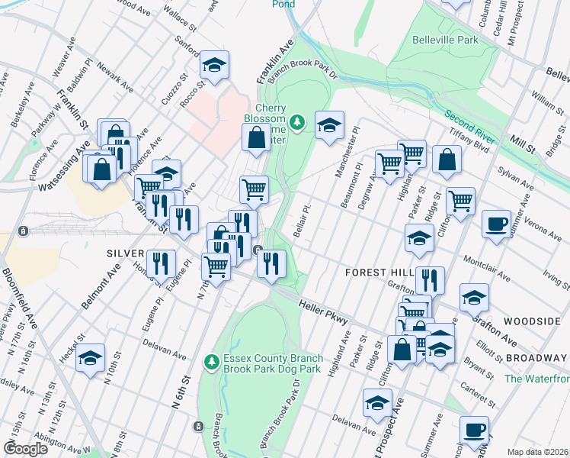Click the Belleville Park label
(445, 40)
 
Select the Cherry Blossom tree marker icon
(297, 121)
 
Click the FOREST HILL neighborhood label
(379, 272)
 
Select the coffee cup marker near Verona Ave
(496, 224)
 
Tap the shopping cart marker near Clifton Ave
(460, 202)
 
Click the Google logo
(26, 449)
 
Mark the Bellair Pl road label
(303, 220)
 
